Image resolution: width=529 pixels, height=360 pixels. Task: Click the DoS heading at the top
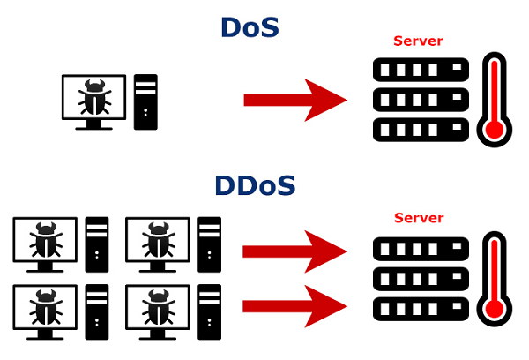click(x=250, y=28)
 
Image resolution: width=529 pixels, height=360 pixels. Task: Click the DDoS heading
click(x=255, y=186)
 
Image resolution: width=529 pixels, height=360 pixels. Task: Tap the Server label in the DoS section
click(x=418, y=41)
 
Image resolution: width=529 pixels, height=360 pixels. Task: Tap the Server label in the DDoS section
click(x=418, y=218)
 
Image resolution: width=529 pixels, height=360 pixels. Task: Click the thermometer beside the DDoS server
click(x=494, y=279)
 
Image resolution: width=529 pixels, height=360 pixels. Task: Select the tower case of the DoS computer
click(x=145, y=101)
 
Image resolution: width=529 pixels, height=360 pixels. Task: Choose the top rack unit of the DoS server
click(x=416, y=70)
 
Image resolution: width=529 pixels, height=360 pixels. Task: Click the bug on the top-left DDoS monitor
click(x=44, y=240)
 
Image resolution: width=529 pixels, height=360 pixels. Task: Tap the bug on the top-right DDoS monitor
click(x=157, y=240)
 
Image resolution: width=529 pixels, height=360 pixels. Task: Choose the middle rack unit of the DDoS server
click(x=416, y=279)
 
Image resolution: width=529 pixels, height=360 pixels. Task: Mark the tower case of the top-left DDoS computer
click(x=96, y=245)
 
